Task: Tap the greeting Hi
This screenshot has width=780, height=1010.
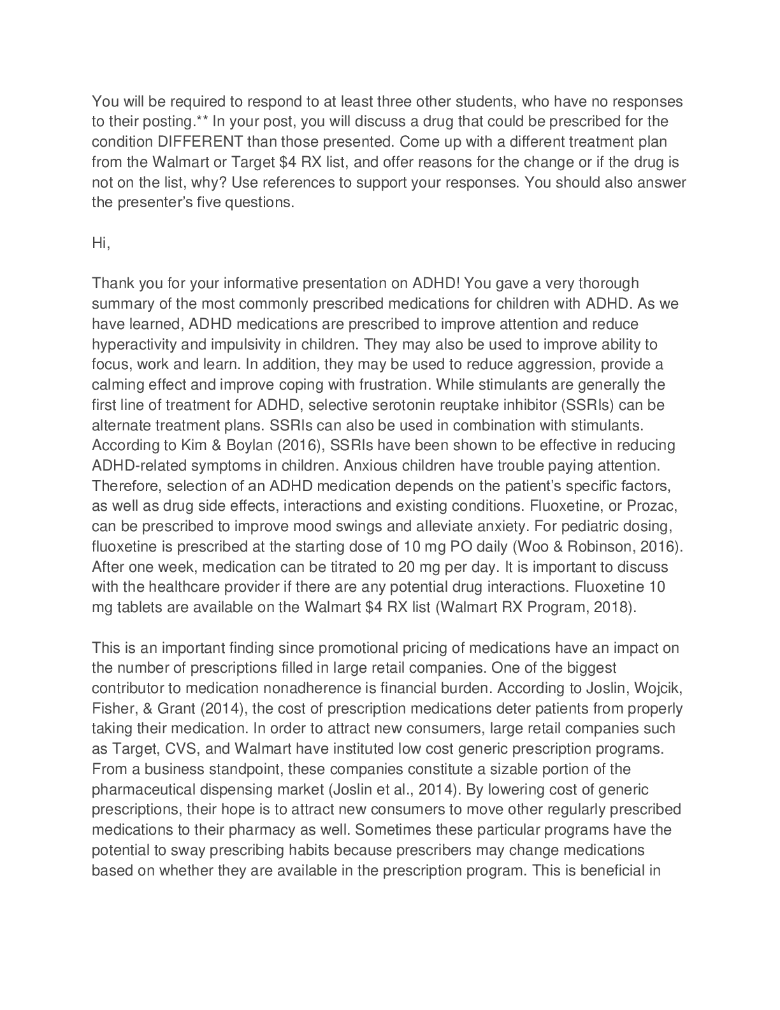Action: point(101,243)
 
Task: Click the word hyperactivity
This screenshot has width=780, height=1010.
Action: point(136,344)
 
